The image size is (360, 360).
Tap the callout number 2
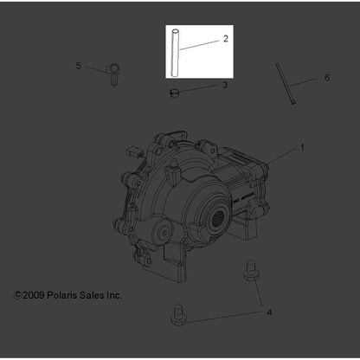point(225,39)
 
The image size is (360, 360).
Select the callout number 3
point(225,85)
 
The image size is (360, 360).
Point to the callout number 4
point(269,312)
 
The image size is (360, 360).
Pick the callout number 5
point(78,66)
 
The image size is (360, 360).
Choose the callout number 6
point(326,78)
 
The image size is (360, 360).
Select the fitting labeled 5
point(111,73)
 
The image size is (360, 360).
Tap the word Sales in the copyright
point(91,295)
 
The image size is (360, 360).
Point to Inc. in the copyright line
point(114,295)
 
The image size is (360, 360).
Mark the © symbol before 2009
point(16,295)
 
